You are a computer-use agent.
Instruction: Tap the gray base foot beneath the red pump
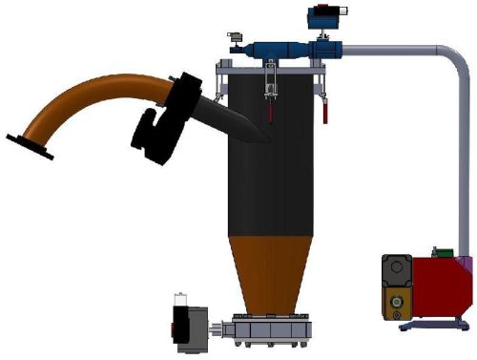434,326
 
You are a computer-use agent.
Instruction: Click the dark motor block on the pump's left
395,286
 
